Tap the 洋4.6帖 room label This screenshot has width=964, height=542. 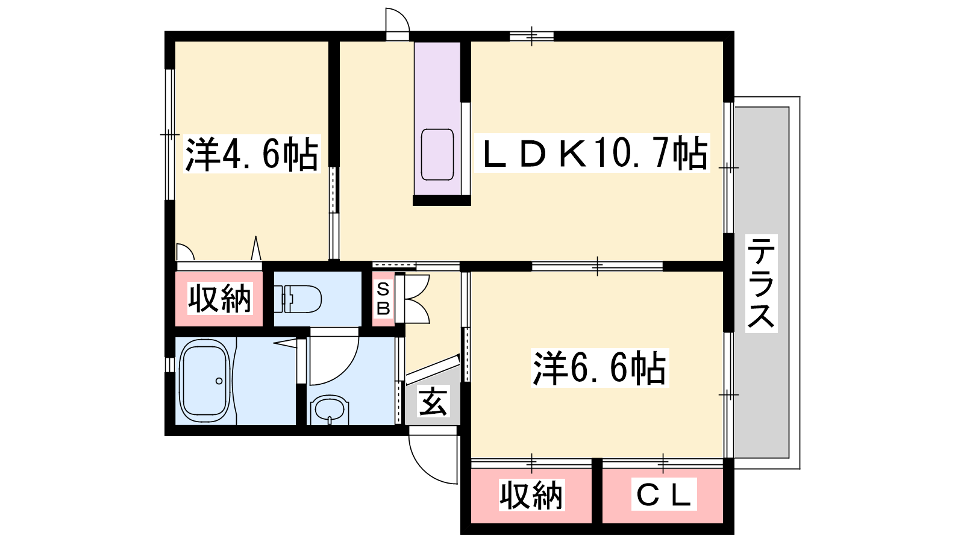[x=252, y=154]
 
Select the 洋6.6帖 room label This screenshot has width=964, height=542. [x=599, y=368]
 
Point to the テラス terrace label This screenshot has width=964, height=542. [x=761, y=283]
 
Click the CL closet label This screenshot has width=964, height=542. [x=663, y=494]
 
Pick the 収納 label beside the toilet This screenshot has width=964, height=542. [x=219, y=298]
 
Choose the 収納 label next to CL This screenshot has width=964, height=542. [x=531, y=495]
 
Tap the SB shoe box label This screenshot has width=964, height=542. [x=383, y=299]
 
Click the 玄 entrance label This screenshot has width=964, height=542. [x=433, y=401]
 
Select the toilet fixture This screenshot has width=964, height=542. [x=298, y=299]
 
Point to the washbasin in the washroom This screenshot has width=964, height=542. [x=330, y=410]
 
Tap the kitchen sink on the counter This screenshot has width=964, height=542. [x=437, y=154]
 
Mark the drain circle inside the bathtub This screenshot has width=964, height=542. [x=219, y=381]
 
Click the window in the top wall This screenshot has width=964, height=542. [x=531, y=36]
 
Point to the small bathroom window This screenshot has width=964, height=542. [x=170, y=364]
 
